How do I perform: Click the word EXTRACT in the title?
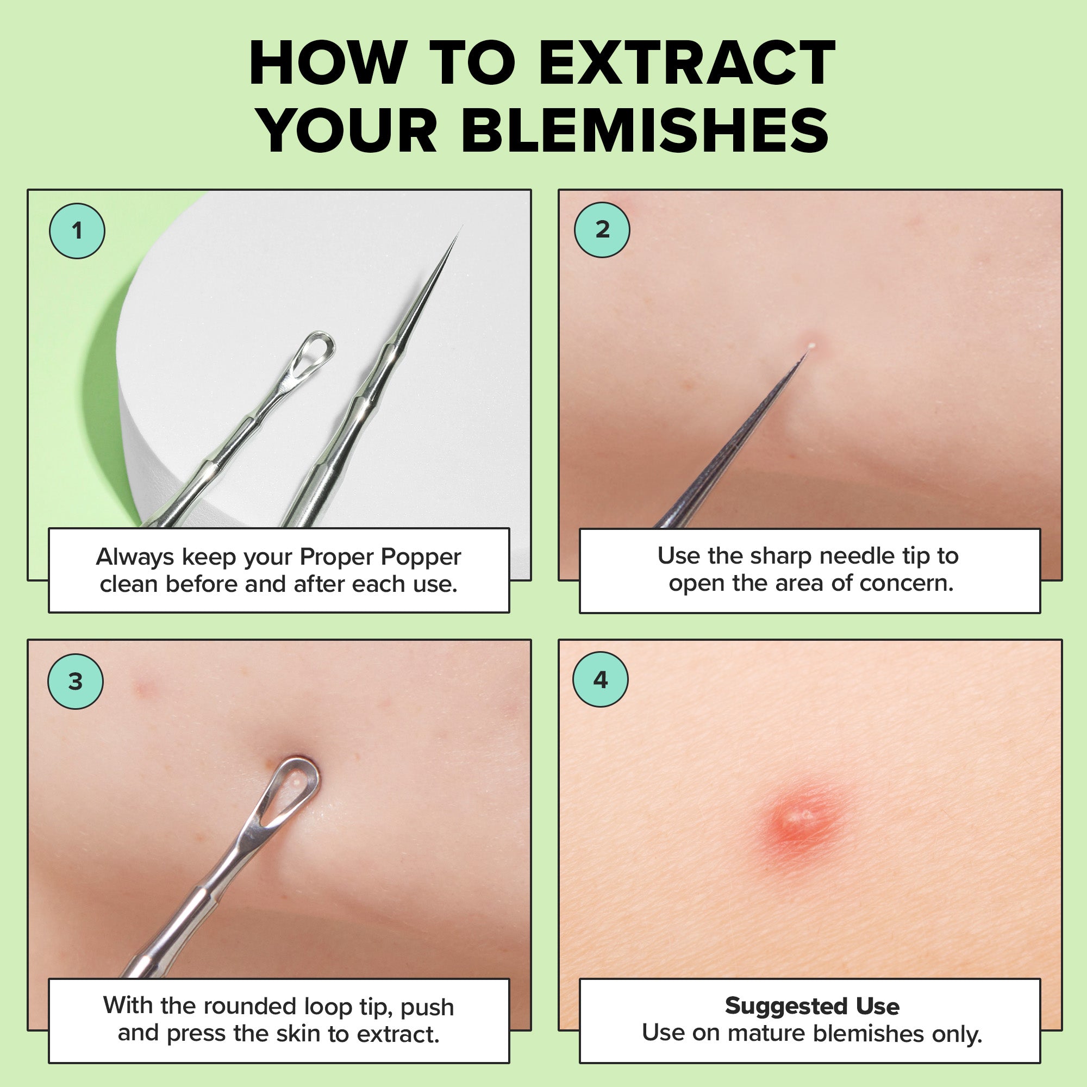tap(687, 63)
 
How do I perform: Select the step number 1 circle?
tap(77, 230)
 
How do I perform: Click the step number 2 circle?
tap(602, 229)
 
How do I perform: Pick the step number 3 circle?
tap(76, 682)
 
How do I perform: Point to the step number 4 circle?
tap(601, 680)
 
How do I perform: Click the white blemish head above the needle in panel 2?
tap(811, 346)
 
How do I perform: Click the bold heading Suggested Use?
tap(812, 1006)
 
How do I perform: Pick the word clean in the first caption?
tap(129, 584)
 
